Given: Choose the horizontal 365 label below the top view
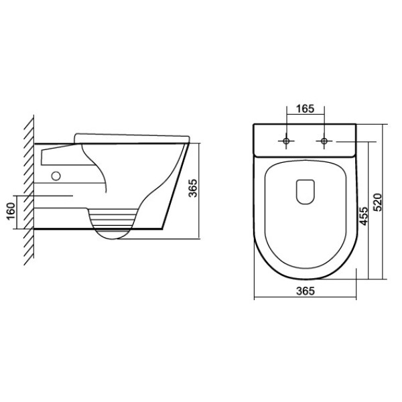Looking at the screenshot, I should [x=305, y=290].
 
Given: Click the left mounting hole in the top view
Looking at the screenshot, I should [x=286, y=141].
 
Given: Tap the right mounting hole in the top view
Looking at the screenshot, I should [x=324, y=141].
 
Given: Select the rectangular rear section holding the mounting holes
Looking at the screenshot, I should [x=305, y=139].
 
